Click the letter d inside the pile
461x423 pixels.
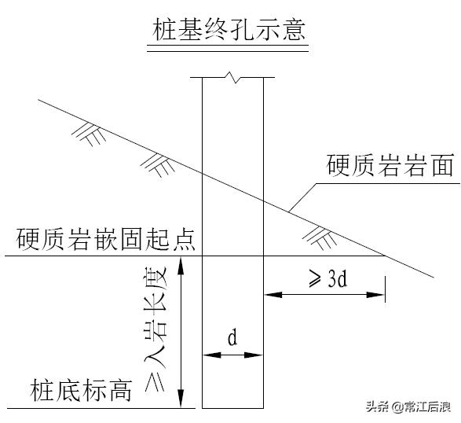(x=232, y=338)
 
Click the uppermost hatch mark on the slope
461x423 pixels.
(x=89, y=131)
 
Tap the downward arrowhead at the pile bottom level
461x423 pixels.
(x=182, y=402)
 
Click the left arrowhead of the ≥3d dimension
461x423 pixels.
(x=269, y=295)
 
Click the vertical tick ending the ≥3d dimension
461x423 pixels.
(x=386, y=289)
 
